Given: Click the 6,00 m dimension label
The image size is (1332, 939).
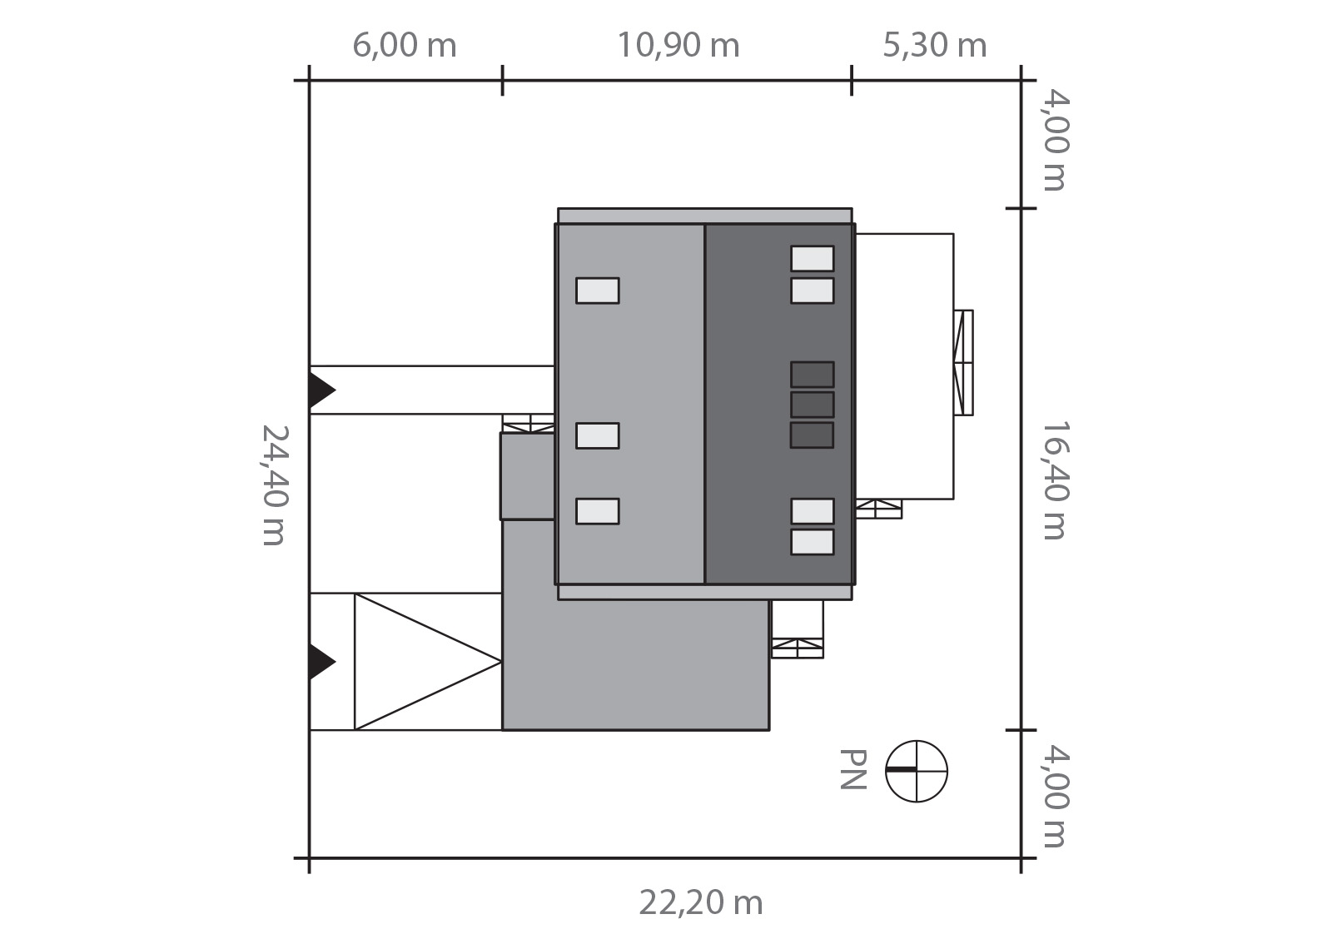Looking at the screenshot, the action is click(405, 45).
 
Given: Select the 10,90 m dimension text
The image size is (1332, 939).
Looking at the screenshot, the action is click(678, 45).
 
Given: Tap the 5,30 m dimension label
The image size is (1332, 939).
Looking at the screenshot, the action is click(934, 45).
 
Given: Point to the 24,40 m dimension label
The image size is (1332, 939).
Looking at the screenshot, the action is click(276, 484).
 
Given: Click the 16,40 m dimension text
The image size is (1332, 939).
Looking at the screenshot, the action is click(1056, 480).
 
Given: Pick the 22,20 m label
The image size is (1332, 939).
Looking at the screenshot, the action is click(700, 902).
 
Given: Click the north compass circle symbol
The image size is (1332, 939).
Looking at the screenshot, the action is click(917, 772).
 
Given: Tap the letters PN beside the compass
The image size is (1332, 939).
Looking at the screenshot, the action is click(852, 769).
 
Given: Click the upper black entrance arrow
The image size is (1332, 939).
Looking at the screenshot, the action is click(321, 390).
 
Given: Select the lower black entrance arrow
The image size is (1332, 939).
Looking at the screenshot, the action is click(321, 661).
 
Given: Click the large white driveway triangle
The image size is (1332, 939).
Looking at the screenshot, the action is click(428, 661).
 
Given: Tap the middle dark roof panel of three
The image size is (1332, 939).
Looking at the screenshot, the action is click(813, 405).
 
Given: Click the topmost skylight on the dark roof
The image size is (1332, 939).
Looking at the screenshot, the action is click(813, 259).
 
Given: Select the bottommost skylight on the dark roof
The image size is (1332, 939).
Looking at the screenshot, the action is click(813, 542).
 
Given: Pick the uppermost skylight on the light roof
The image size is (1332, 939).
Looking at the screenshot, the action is click(598, 291).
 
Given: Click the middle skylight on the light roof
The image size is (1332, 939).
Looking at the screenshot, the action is click(598, 435).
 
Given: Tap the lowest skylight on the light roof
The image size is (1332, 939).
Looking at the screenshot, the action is click(598, 511).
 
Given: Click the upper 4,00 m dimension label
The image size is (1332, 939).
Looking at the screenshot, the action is click(1056, 140).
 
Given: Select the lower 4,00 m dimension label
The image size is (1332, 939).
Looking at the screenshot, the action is click(1056, 796).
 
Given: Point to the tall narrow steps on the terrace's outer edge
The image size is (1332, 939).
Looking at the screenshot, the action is click(963, 363).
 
